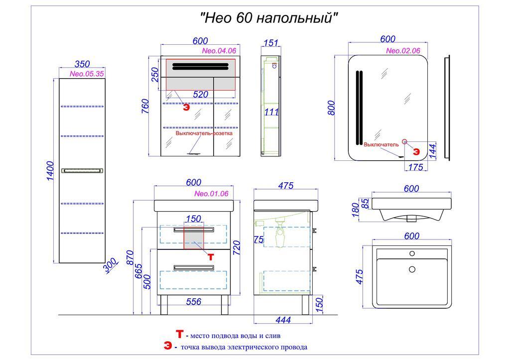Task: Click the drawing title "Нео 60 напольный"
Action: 269,18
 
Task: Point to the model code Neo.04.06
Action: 219,51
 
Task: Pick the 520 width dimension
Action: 200,94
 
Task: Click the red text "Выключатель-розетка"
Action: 204,133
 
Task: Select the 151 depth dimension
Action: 270,43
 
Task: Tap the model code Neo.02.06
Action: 403,51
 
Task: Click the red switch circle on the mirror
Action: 404,142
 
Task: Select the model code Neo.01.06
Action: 211,194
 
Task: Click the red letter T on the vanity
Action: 211,257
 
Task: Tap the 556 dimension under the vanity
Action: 193,301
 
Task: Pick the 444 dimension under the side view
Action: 282,320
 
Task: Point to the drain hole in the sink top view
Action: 412,269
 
